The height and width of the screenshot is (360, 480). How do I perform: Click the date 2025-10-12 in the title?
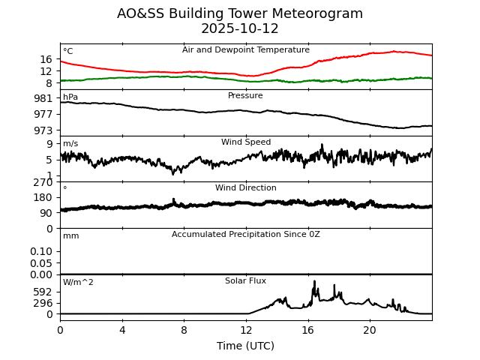[x=240, y=29]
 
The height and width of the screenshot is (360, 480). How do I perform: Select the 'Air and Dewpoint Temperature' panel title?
[x=246, y=50]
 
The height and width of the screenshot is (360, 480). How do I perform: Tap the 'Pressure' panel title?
[x=246, y=96]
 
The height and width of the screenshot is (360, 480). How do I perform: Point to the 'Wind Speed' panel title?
[x=246, y=142]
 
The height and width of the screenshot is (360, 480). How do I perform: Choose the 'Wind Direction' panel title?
[x=246, y=188]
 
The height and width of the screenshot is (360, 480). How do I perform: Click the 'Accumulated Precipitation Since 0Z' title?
[x=246, y=235]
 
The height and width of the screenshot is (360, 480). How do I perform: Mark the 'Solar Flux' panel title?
[x=246, y=281]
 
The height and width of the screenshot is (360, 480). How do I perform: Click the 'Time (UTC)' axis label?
[x=246, y=346]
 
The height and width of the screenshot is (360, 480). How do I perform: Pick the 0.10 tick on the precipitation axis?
[x=41, y=251]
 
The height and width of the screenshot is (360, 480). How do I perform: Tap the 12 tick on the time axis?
[x=246, y=330]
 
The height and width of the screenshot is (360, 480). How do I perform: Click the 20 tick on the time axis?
[x=370, y=330]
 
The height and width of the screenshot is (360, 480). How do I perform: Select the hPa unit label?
[x=70, y=97]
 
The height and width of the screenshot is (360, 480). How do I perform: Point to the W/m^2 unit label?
[x=78, y=283]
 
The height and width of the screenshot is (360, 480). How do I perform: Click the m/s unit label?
[x=70, y=144]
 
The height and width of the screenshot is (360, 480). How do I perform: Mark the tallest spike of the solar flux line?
[x=314, y=281]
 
